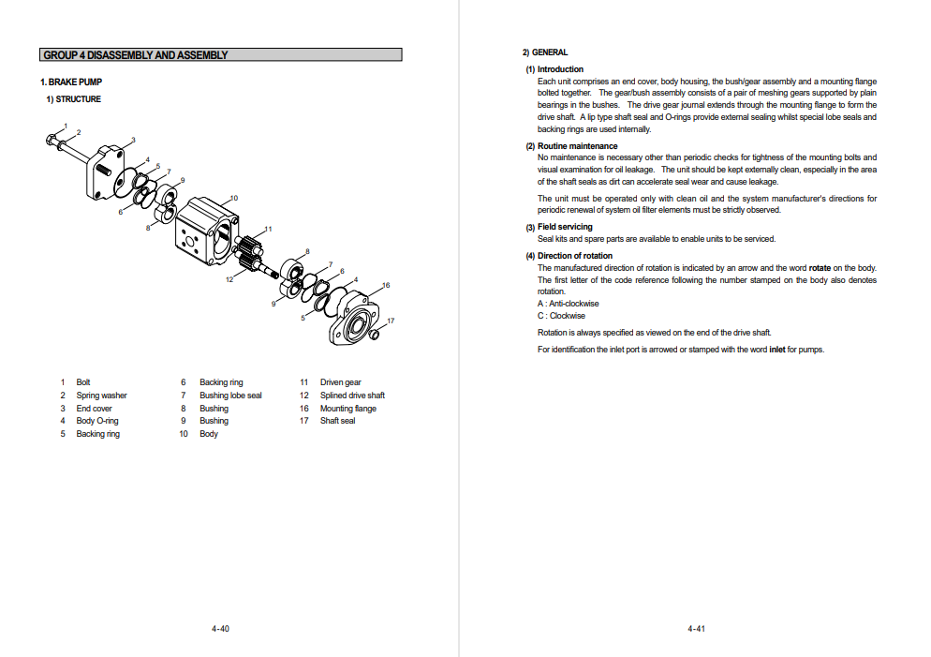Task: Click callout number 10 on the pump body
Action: tap(234, 198)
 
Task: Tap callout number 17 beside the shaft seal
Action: tap(391, 321)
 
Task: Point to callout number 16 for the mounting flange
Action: tap(385, 285)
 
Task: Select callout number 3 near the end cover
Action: tap(133, 141)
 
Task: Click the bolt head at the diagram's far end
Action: tap(51, 141)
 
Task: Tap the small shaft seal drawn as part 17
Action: tap(373, 334)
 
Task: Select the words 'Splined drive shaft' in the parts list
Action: tap(352, 396)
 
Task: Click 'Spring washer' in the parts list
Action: tap(101, 396)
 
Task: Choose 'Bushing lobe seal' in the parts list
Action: tap(230, 396)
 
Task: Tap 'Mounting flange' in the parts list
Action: tap(347, 409)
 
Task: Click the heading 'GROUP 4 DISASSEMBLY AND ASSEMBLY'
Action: tap(136, 55)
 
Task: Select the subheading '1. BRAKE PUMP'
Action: tap(71, 82)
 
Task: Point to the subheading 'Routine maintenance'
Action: tap(577, 146)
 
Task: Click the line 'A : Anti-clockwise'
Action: tap(568, 304)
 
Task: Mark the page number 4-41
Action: tap(695, 629)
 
